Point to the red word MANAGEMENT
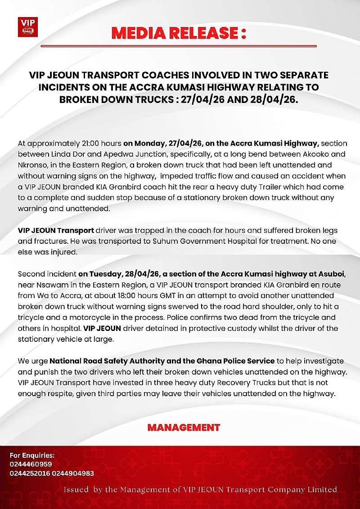(184, 427)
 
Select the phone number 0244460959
(31, 464)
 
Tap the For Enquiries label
(32, 455)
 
